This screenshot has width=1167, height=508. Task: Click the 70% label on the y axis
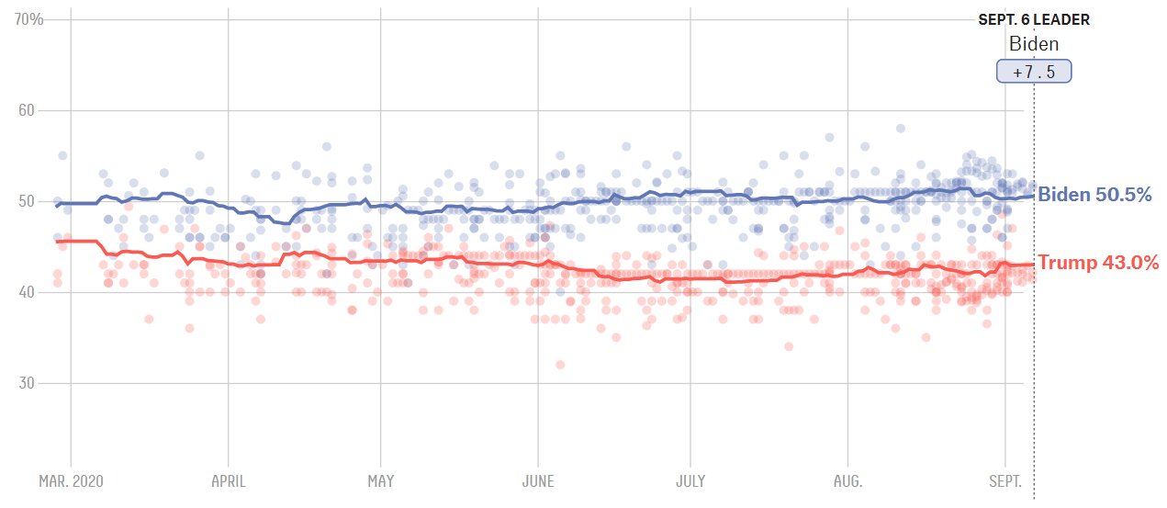29,19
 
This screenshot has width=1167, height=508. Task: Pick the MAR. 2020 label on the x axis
71,481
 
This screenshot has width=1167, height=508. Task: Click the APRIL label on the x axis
227,481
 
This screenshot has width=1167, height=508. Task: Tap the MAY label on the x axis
380,481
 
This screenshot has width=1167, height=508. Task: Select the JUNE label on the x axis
537,481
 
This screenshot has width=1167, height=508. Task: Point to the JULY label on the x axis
690,481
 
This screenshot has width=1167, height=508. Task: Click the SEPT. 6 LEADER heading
1034,20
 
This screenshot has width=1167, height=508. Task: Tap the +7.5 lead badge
1034,72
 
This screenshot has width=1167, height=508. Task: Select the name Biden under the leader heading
1034,44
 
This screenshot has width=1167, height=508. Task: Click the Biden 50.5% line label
1094,195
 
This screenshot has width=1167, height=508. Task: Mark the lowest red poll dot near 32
560,365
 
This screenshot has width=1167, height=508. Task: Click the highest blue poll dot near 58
901,129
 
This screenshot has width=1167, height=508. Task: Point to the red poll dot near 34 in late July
788,346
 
